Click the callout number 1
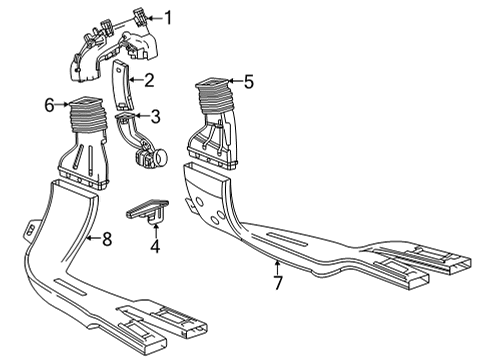[168, 17]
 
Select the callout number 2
[148, 80]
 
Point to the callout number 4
[155, 245]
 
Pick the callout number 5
[249, 83]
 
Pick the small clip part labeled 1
[137, 17]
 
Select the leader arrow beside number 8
[89, 238]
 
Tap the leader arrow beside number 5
[232, 83]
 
